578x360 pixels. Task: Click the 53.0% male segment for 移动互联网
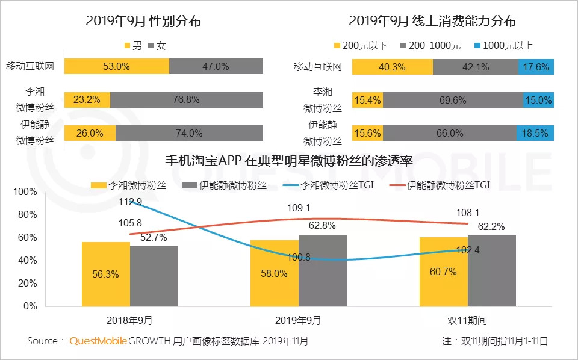[x=116, y=66]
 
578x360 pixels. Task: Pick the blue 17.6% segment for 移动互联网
[x=535, y=67]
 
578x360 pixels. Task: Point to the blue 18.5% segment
[x=535, y=133]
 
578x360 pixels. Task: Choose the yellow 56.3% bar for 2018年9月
[x=106, y=274]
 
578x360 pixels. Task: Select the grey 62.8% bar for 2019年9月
[x=322, y=270]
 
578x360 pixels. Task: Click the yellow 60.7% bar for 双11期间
[x=444, y=272]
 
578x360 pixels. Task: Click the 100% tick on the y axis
[x=25, y=192]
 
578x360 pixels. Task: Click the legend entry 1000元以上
[x=503, y=45]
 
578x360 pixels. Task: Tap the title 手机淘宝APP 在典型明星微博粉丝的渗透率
[x=289, y=161]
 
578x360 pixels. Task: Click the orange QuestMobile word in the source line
[x=98, y=341]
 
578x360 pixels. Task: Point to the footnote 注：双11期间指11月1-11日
[x=495, y=341]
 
